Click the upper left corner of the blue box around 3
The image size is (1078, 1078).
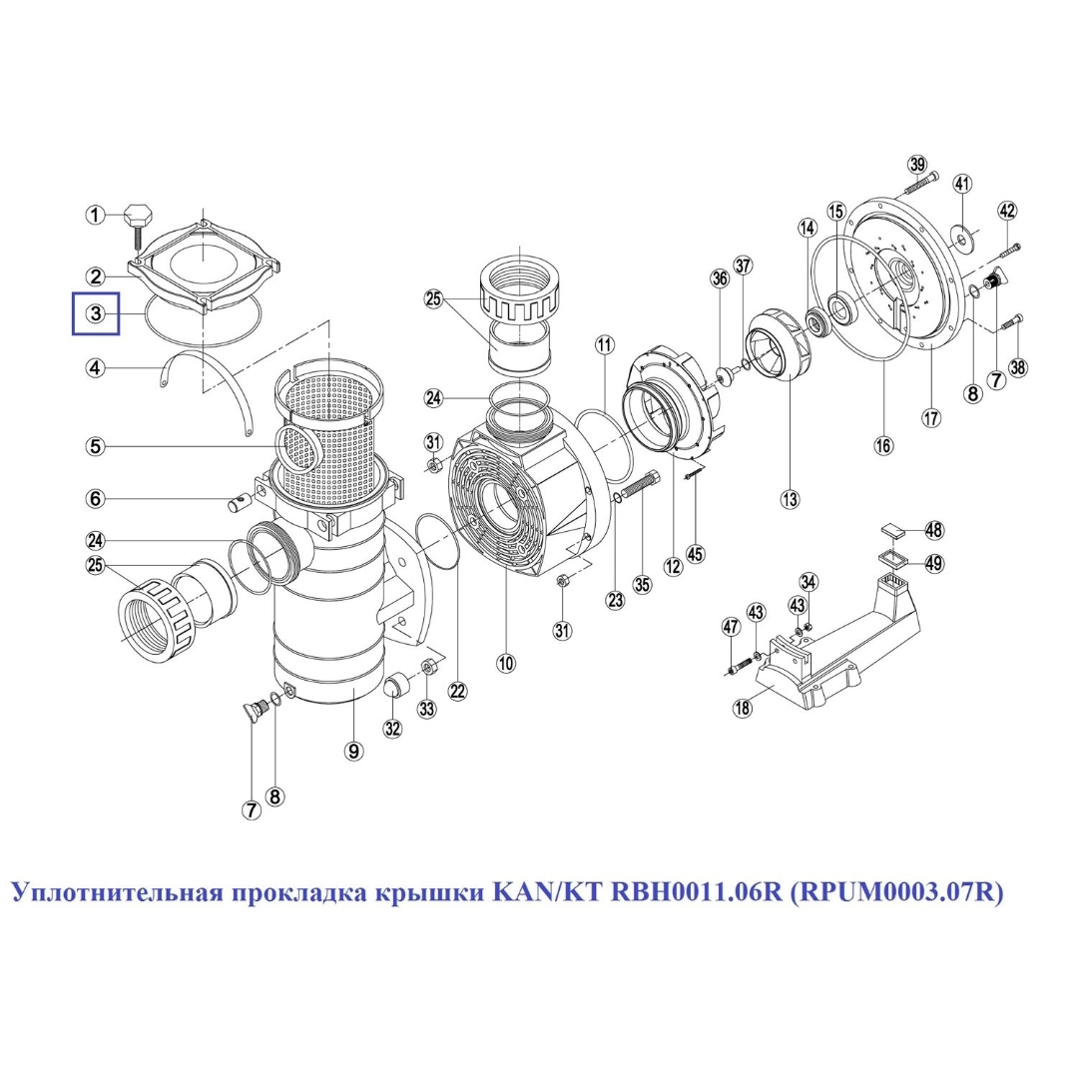coord(74,293)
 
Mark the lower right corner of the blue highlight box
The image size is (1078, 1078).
coord(119,333)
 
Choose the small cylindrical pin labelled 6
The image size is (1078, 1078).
coord(240,504)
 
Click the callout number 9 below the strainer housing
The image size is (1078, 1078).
coord(353,751)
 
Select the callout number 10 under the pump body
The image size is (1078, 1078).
coord(507,663)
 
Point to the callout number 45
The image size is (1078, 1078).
coord(696,553)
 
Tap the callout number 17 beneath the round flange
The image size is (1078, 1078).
coord(931,417)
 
